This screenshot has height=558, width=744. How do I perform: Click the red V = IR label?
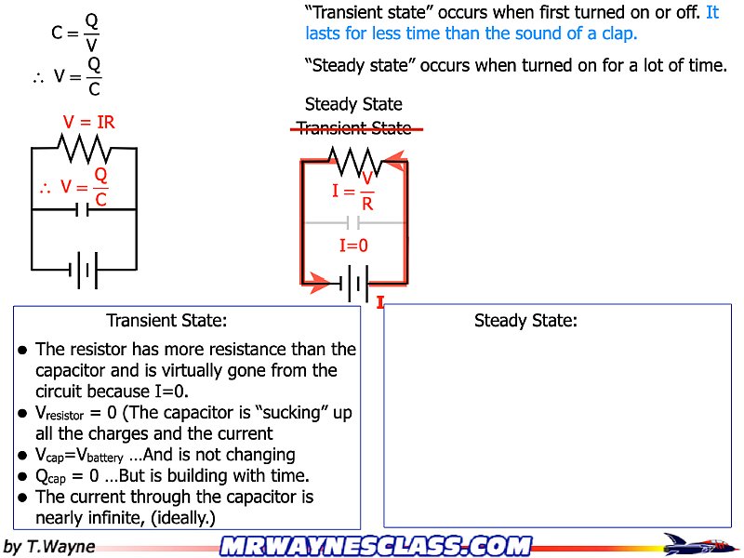click(x=89, y=122)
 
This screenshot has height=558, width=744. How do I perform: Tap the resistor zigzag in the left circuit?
click(x=85, y=147)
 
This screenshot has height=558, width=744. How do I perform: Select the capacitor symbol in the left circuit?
click(x=84, y=209)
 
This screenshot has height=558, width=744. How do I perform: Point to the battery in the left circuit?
click(x=84, y=271)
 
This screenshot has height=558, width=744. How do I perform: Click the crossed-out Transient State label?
click(x=353, y=129)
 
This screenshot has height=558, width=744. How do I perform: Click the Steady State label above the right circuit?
click(x=353, y=104)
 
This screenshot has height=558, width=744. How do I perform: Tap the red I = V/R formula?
click(x=354, y=192)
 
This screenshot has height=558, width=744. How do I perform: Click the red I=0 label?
click(x=353, y=246)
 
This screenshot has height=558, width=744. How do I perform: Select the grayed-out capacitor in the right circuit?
click(x=353, y=223)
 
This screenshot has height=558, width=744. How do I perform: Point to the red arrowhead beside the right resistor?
click(x=395, y=162)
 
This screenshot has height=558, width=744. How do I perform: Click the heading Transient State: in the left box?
click(x=167, y=321)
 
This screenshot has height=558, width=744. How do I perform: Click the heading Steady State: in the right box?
click(x=525, y=321)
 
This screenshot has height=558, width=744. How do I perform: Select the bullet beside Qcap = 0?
click(x=22, y=477)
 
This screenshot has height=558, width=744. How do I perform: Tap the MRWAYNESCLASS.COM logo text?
click(x=376, y=546)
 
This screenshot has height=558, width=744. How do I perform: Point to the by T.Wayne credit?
click(x=50, y=546)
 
